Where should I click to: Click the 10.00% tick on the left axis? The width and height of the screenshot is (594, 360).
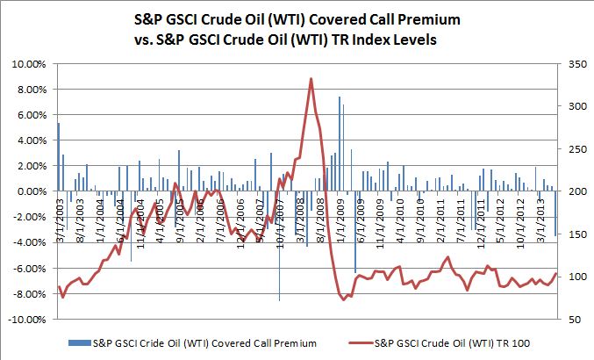point(29,64)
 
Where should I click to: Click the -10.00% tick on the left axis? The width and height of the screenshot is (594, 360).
point(27,319)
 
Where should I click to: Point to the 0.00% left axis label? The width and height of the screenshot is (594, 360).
point(31,191)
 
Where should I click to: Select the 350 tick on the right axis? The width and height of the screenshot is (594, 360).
point(571,64)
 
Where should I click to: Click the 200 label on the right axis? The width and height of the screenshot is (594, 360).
point(571,191)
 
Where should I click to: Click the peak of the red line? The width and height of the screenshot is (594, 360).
point(311,79)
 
